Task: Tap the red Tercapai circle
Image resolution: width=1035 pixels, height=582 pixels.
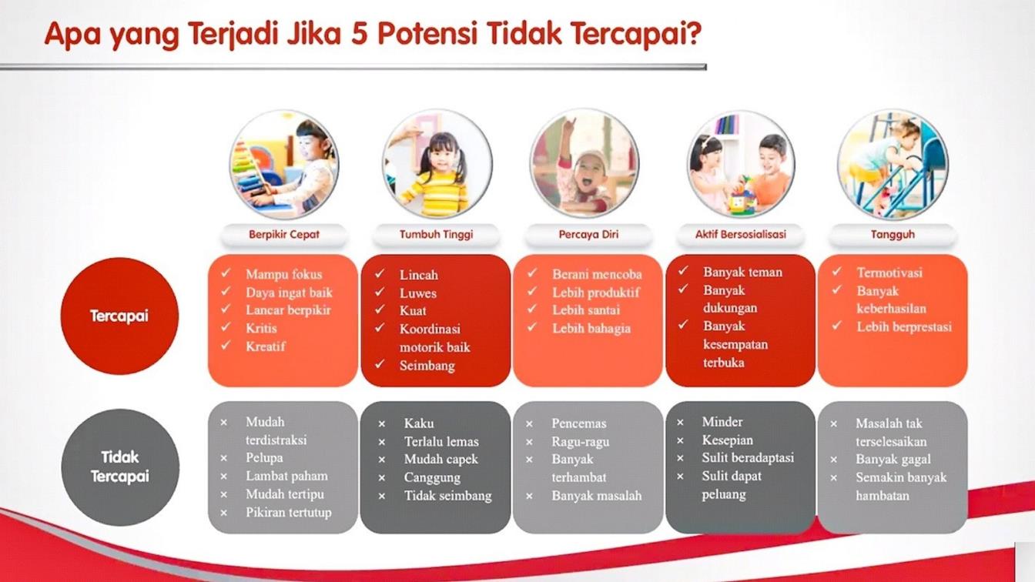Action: tap(119, 316)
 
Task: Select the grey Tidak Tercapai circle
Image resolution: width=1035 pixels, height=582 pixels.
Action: tap(119, 467)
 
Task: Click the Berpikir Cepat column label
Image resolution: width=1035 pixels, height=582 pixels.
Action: tap(283, 234)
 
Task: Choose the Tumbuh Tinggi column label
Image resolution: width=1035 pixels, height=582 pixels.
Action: tap(436, 234)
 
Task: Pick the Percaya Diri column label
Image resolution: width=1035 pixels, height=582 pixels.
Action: tap(588, 234)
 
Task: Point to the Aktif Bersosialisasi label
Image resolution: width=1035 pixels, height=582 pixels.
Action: tap(741, 234)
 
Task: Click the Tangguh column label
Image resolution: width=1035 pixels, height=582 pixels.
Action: tap(893, 234)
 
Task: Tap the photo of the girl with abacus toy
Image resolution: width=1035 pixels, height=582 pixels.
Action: tap(283, 165)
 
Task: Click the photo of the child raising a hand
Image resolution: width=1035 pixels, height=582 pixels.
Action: tap(584, 165)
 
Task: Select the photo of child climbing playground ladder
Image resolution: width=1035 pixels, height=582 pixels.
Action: tap(893, 165)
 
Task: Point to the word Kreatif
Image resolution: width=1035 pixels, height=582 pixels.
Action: tap(266, 346)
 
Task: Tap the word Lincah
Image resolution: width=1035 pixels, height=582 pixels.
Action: tap(419, 275)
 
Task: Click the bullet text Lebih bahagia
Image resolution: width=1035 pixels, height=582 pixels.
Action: tap(591, 329)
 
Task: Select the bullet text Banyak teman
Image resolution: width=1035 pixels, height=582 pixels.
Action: tap(742, 272)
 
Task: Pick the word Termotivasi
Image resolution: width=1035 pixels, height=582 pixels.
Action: tap(889, 273)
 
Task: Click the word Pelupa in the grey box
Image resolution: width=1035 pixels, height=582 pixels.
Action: tap(264, 458)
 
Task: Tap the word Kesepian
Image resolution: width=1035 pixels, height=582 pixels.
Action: tap(727, 440)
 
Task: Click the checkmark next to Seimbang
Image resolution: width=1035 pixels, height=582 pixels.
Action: tap(380, 365)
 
